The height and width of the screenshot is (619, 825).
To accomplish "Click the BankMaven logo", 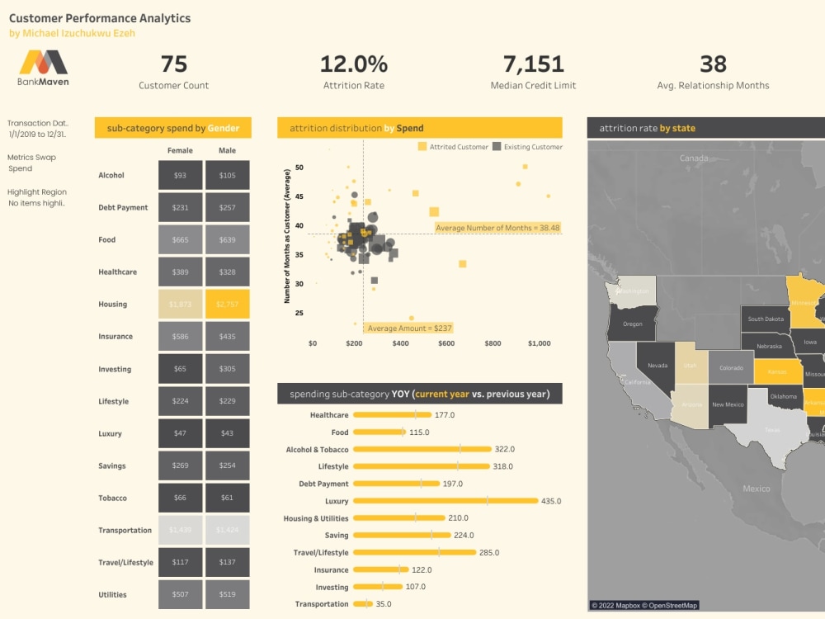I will [44, 68].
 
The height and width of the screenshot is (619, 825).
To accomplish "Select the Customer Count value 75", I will [173, 64].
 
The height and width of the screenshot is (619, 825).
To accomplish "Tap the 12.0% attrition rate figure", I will [353, 64].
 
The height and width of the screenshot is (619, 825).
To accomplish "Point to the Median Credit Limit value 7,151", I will [533, 64].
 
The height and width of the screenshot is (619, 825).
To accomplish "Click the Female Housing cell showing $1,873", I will [180, 305].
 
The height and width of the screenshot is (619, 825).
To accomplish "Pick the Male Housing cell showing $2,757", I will [227, 305].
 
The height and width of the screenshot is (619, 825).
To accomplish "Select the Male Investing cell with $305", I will [227, 369].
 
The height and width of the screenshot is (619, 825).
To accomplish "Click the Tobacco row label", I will [113, 499].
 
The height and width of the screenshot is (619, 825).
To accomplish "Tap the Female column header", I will [180, 151].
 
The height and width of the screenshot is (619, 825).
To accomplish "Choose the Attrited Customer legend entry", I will [453, 147].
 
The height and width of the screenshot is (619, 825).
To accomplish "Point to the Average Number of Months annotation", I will [497, 228].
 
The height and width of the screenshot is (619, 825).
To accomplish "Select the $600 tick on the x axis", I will [445, 343].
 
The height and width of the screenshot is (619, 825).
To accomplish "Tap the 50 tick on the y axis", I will [299, 168].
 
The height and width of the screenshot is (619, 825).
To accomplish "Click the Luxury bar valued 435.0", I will [445, 501].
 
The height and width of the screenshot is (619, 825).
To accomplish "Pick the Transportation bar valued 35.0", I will [362, 604].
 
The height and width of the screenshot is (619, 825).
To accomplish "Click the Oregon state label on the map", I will [632, 324].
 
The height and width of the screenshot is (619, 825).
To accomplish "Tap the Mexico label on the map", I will [756, 489].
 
